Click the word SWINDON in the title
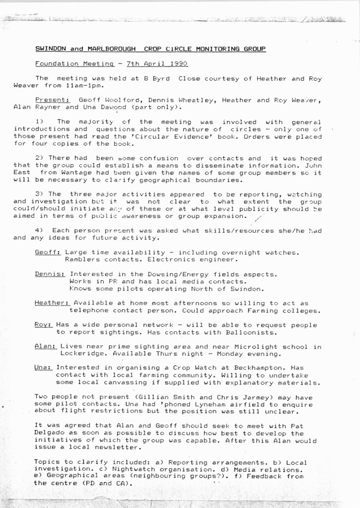[52, 49]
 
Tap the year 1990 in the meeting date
[178, 64]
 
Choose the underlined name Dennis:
[50, 274]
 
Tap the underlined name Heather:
[52, 303]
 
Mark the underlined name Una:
[44, 368]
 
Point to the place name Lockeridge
[83, 354]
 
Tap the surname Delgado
[50, 433]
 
